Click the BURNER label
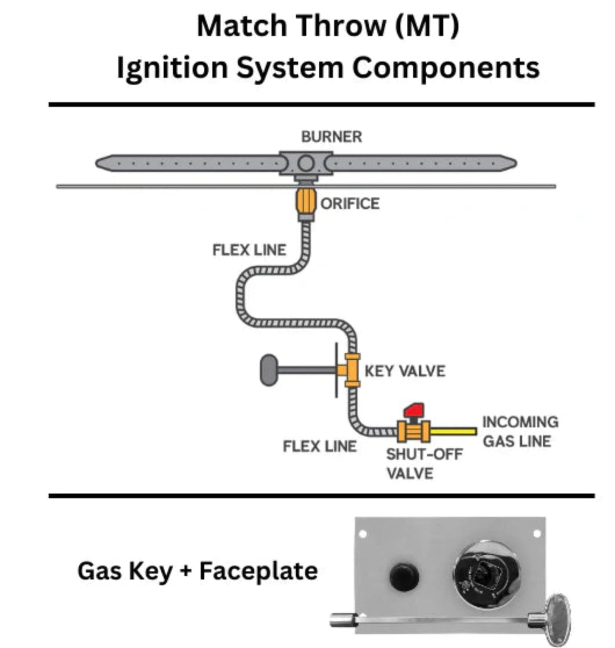coord(331,137)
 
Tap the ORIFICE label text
coord(350,204)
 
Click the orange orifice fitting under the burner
coord(305,201)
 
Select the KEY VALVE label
coord(405,371)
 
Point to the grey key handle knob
coord(269,370)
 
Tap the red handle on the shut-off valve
coord(414,410)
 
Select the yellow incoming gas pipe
coord(454,431)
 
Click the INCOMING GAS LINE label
coord(520,431)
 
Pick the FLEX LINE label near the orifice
coord(249,250)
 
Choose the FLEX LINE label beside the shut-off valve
coord(319,447)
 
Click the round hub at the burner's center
coord(305,163)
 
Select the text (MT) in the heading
coord(427,25)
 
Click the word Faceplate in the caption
coord(258,571)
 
